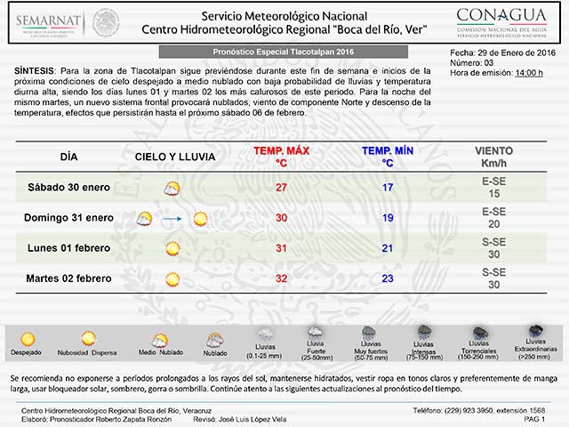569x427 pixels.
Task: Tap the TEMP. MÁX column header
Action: pyautogui.click(x=281, y=157)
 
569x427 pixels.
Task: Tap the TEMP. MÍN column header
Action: pyautogui.click(x=388, y=157)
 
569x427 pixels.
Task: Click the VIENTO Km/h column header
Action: pyautogui.click(x=493, y=157)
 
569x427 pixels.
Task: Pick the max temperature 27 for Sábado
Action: pyautogui.click(x=281, y=188)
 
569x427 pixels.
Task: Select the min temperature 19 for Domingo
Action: pyautogui.click(x=388, y=218)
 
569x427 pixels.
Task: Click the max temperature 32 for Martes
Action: pyautogui.click(x=281, y=278)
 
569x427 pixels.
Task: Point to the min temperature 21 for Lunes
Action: pyautogui.click(x=388, y=248)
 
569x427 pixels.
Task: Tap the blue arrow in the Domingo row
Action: pyautogui.click(x=172, y=219)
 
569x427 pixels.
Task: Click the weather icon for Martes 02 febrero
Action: pyautogui.click(x=172, y=278)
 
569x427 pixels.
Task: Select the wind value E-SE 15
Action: pyautogui.click(x=493, y=188)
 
